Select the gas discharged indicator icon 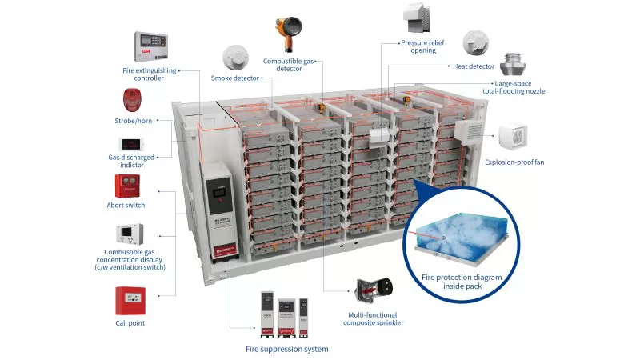[130, 145]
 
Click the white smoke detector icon [235, 57]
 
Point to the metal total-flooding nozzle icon [513, 62]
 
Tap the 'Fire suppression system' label [286, 349]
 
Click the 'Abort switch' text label [130, 206]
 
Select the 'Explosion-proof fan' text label [514, 162]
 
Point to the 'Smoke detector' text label [235, 78]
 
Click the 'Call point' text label [130, 322]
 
